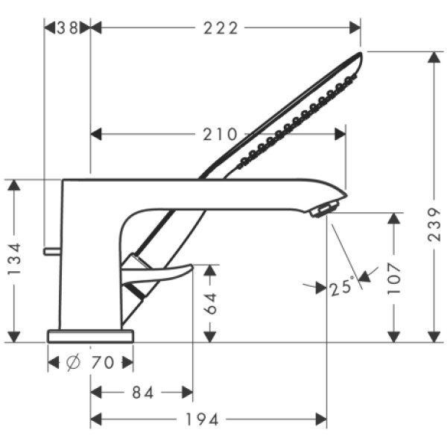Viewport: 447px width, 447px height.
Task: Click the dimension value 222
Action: [221, 28]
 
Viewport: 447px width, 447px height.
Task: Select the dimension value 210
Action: [220, 135]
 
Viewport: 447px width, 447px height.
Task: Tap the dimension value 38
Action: [67, 28]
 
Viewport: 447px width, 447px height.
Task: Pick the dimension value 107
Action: [394, 277]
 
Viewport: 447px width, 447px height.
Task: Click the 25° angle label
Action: [340, 287]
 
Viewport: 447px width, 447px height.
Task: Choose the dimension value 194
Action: [208, 419]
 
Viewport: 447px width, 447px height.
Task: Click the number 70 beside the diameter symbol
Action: [102, 363]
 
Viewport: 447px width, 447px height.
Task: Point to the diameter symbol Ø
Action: [73, 363]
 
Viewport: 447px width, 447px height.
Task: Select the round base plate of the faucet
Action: [90, 336]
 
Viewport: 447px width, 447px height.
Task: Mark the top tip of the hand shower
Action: [360, 54]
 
